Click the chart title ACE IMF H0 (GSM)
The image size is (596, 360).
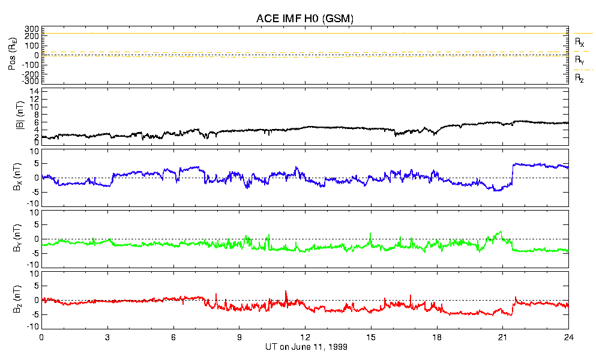tap(305, 19)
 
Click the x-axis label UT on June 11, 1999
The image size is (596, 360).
tap(306, 347)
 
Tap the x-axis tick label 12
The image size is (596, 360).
tap(306, 337)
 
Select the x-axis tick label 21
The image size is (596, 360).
tap(503, 337)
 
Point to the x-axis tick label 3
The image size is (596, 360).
tap(107, 337)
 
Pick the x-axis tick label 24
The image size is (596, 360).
tap(568, 337)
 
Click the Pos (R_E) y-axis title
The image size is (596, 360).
tap(12, 55)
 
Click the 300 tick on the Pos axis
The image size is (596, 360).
tap(31, 29)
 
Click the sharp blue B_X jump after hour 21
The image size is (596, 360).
tap(512, 173)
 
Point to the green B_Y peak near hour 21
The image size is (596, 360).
tap(501, 232)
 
